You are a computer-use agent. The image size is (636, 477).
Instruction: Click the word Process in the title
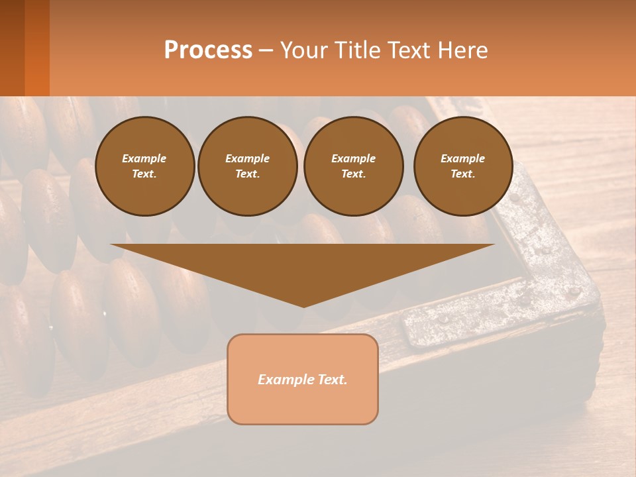[208, 50]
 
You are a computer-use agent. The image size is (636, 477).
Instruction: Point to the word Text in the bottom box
[331, 380]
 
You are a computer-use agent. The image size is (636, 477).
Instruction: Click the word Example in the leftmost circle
[144, 158]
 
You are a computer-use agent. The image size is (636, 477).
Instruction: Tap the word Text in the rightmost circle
[462, 174]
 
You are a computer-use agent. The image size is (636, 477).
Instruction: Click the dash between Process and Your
[266, 50]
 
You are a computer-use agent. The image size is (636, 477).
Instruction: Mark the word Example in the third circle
[353, 158]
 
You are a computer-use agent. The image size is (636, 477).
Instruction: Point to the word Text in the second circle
[247, 174]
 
